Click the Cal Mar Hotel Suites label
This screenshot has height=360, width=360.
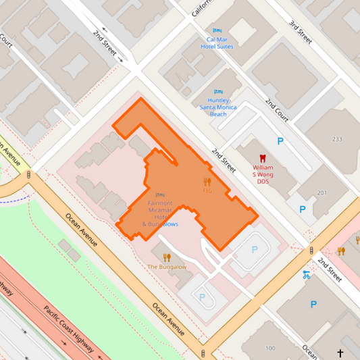[220, 43]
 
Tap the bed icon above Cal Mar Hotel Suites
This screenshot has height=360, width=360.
[217, 31]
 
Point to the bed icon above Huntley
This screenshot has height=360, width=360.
[217, 92]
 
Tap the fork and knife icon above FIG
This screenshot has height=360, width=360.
[207, 181]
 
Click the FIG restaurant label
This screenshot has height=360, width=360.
[207, 191]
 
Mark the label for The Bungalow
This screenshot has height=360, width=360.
[167, 267]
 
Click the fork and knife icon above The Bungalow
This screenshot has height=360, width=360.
[167, 257]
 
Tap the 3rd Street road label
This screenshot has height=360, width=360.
[299, 32]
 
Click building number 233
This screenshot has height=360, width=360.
[337, 139]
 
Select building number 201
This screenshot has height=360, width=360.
[322, 193]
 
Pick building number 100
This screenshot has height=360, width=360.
[270, 348]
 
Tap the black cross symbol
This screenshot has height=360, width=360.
[340, 353]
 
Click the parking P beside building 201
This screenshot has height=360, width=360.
[303, 209]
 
